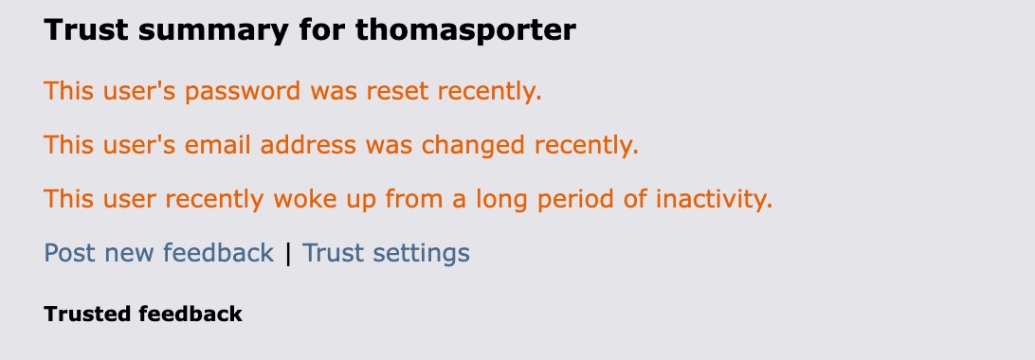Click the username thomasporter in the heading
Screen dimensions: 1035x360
click(x=465, y=30)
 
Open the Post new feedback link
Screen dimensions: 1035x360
click(x=158, y=253)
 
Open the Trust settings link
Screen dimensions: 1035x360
click(x=386, y=253)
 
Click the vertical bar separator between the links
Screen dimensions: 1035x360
click(x=288, y=254)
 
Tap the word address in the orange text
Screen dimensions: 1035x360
click(x=308, y=144)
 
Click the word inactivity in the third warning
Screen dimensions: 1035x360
click(x=714, y=198)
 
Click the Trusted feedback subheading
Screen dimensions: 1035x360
click(x=143, y=314)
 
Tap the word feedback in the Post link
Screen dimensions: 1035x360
click(x=218, y=253)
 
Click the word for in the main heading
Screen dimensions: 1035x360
click(x=321, y=30)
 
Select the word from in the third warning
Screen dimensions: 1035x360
click(x=414, y=198)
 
